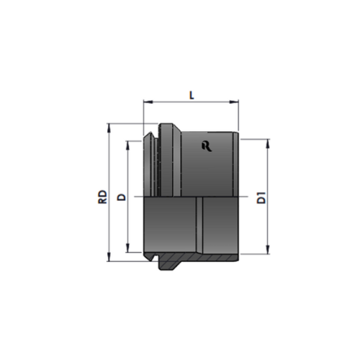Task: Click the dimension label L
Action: pyautogui.click(x=192, y=96)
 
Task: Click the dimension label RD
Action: pyautogui.click(x=102, y=197)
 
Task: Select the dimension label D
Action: pyautogui.click(x=122, y=197)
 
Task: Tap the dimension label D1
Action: pyautogui.click(x=261, y=197)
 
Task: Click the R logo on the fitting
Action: pyautogui.click(x=207, y=146)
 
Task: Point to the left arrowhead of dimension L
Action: pyautogui.click(x=148, y=102)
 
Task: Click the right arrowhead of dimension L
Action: pyautogui.click(x=234, y=102)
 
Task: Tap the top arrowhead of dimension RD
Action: pyautogui.click(x=109, y=128)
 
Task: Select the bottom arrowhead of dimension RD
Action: pyautogui.click(x=109, y=256)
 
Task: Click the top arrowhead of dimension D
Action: pyautogui.click(x=128, y=145)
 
